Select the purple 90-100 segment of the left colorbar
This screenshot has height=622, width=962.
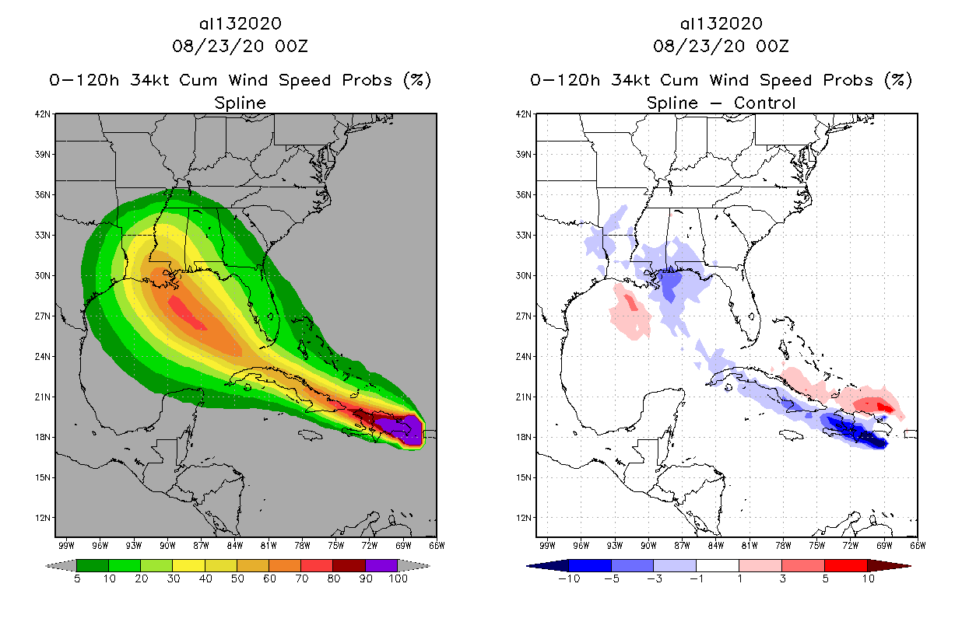point(381,565)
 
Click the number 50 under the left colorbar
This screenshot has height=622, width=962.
point(237,578)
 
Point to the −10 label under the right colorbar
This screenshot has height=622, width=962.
point(569,578)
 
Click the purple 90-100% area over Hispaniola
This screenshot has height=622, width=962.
point(409,430)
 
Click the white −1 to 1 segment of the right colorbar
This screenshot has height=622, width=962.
point(717,565)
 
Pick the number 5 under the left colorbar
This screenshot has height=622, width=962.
point(77,578)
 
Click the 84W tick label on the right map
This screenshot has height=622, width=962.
point(715,545)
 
